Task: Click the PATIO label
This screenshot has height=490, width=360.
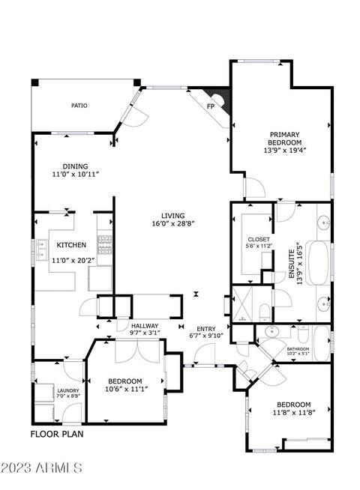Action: tap(79, 106)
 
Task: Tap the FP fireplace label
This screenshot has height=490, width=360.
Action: tap(211, 106)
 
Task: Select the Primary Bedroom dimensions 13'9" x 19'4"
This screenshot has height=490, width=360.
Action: tap(284, 151)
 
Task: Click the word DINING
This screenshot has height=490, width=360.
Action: tap(76, 166)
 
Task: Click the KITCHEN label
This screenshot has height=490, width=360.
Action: tap(71, 245)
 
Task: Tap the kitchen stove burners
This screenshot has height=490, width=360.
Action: tap(105, 245)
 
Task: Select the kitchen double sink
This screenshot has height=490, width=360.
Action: tap(41, 249)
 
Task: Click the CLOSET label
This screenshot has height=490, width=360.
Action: tap(259, 239)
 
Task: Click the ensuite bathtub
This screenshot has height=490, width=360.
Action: tap(319, 262)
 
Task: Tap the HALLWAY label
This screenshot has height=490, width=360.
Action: tap(145, 326)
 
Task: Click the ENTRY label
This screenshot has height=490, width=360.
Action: tap(206, 329)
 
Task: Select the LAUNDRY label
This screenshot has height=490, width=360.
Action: tap(68, 390)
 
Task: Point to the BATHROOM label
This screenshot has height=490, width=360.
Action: tap(298, 349)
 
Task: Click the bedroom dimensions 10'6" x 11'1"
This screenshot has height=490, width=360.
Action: tap(124, 389)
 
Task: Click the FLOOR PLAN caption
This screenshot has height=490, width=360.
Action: tap(57, 434)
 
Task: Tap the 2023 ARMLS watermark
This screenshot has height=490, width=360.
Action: tap(41, 468)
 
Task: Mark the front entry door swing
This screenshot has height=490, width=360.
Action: tap(205, 354)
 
